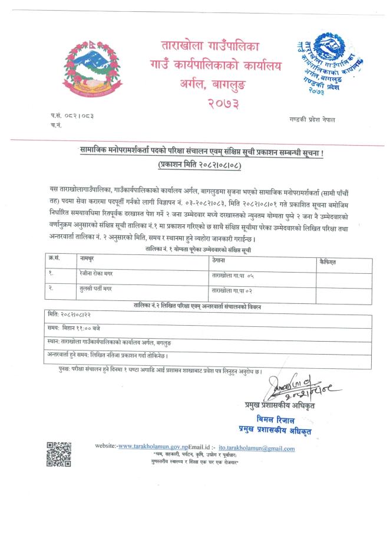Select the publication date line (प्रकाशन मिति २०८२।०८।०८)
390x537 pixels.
[200, 166]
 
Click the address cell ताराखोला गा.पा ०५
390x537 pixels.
[236, 275]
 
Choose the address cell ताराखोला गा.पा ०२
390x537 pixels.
[236, 290]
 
